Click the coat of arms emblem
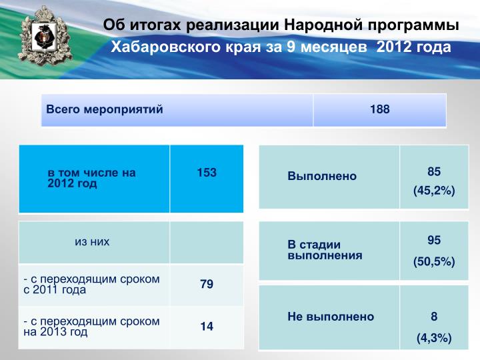coord(45,36)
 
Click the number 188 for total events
coord(379,109)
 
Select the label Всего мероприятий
coord(105,109)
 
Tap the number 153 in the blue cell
coord(207,173)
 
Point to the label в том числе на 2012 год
coord(91,178)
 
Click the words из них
coord(92,241)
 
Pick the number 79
coord(207,284)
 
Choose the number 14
coord(207,326)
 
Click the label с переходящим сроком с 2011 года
coord(91,284)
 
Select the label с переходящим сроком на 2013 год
coord(91,326)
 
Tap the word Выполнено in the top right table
coord(322,176)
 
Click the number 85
coord(434,171)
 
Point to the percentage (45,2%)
coord(434,191)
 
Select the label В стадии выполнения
coord(325,250)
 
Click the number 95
coord(434,240)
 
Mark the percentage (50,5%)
coord(434,262)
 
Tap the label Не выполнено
coord(331,317)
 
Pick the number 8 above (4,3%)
coord(434,316)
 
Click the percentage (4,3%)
coord(434,338)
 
